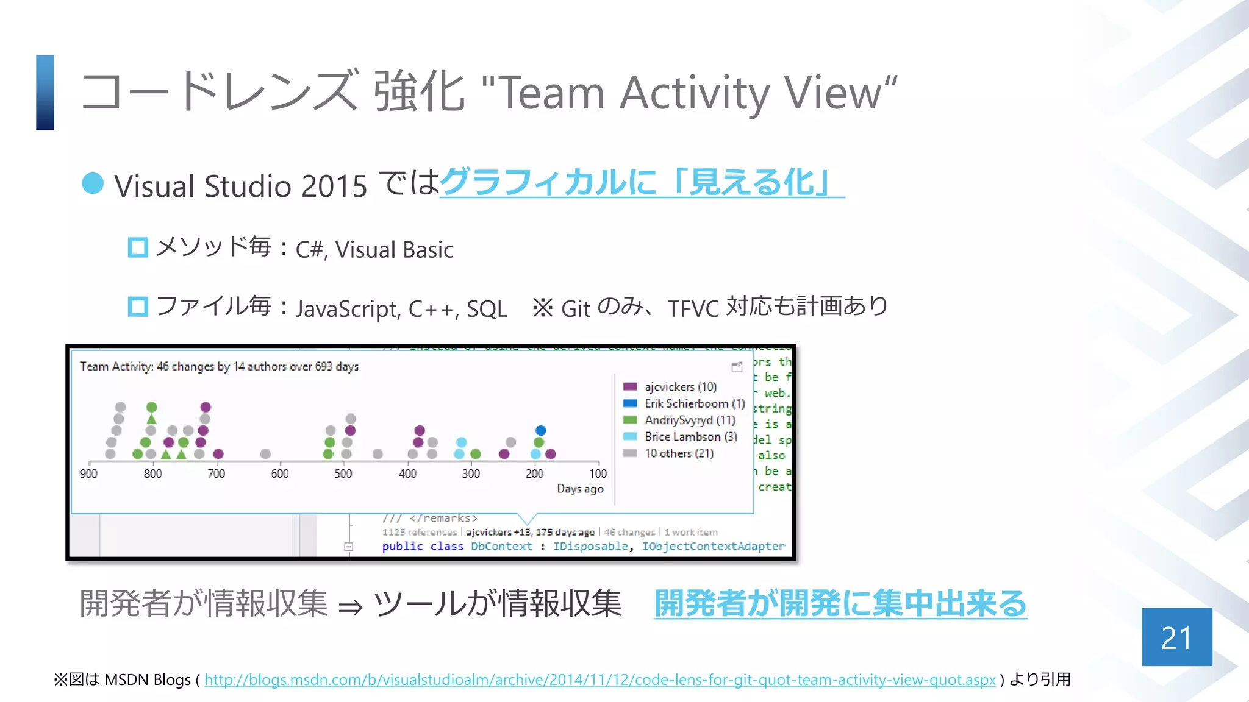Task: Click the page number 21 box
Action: click(x=1176, y=637)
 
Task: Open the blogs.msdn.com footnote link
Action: click(x=599, y=679)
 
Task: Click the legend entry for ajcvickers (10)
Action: click(x=680, y=387)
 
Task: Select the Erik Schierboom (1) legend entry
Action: click(x=694, y=403)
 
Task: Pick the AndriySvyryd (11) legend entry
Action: click(x=689, y=420)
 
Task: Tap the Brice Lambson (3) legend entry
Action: click(x=690, y=437)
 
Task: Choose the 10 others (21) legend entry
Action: click(x=679, y=453)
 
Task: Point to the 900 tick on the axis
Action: click(x=88, y=473)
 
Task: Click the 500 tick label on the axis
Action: click(x=343, y=473)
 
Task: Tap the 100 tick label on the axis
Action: click(x=598, y=473)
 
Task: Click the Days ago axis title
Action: click(x=580, y=489)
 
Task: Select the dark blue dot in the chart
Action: click(x=541, y=430)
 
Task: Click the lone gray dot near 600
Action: click(x=265, y=454)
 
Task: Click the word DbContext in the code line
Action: click(x=501, y=547)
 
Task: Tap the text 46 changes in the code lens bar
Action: click(x=629, y=532)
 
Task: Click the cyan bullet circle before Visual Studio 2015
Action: click(x=93, y=183)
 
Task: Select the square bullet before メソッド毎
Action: click(x=138, y=247)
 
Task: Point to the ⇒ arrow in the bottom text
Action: click(x=351, y=606)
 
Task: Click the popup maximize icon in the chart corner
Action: click(x=737, y=367)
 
